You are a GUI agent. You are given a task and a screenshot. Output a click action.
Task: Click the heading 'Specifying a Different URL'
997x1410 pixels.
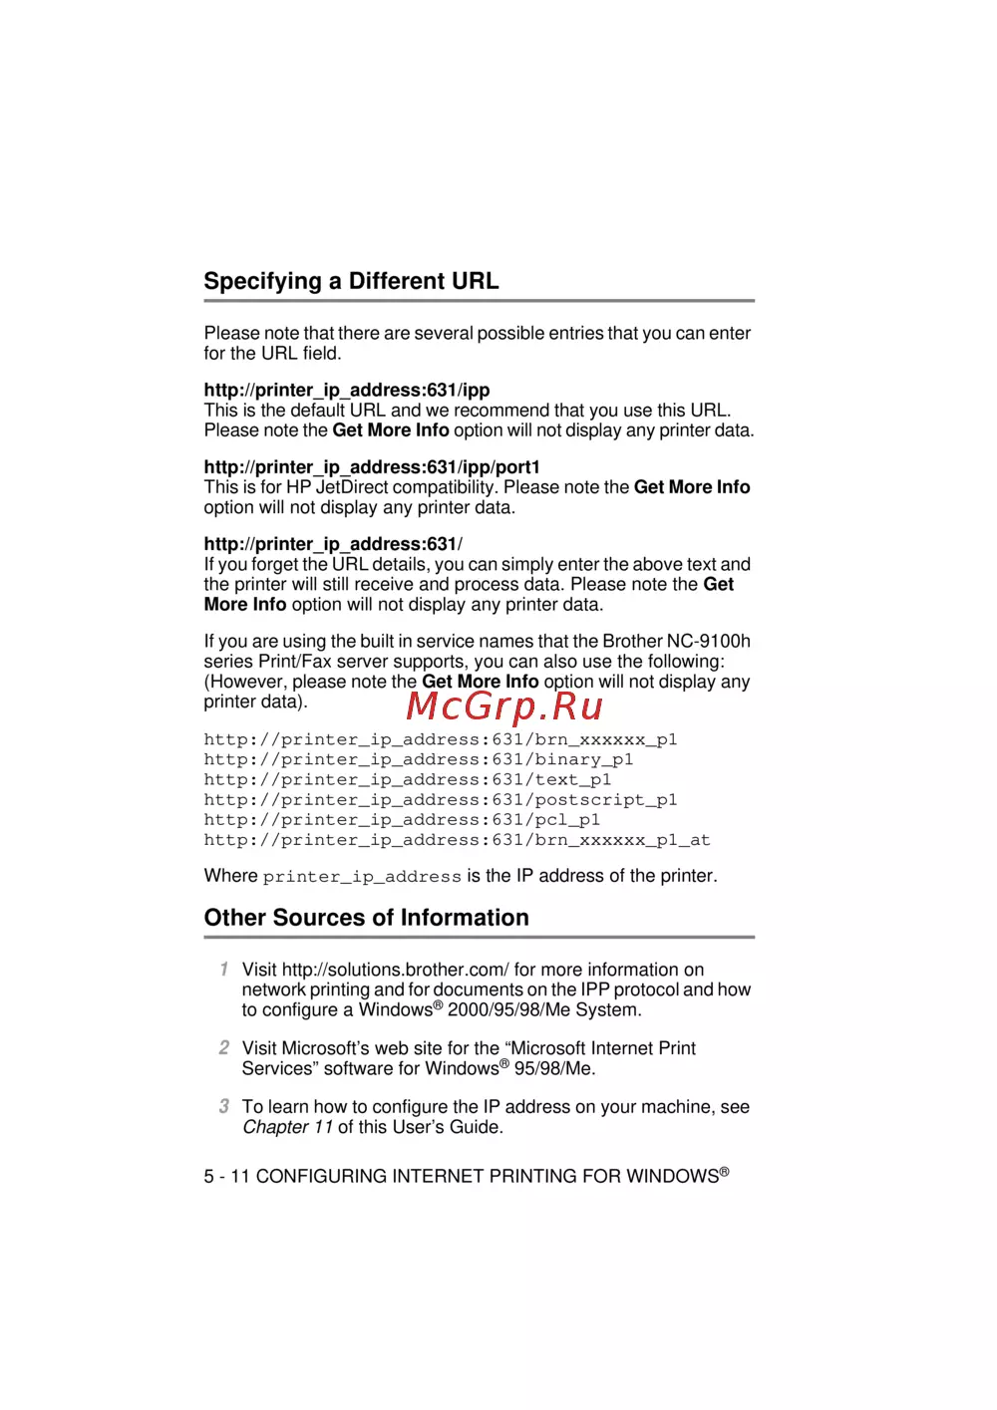point(351,281)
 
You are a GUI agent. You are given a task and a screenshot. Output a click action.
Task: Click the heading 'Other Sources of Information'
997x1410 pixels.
point(366,918)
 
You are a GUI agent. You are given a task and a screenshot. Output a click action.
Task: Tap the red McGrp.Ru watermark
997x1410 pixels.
point(504,705)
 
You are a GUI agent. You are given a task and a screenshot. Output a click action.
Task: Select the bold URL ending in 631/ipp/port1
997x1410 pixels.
point(372,467)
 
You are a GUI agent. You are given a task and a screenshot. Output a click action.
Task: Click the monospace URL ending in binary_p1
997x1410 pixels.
point(419,759)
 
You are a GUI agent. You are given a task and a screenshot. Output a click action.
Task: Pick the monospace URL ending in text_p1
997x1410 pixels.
point(408,779)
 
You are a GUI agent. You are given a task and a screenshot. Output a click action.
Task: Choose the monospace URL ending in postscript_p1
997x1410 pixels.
point(441,799)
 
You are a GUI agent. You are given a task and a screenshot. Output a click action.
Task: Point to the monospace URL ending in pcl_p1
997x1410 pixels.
point(402,819)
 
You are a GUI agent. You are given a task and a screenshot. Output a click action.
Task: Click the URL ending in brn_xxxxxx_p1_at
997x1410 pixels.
point(457,840)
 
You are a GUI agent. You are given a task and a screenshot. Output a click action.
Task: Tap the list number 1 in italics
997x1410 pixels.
point(224,970)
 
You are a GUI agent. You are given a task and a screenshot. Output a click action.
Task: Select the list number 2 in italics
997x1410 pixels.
point(224,1047)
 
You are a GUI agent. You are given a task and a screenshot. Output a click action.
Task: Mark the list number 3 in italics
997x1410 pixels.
point(224,1106)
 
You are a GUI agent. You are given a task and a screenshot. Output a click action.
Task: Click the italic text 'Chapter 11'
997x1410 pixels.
point(287,1127)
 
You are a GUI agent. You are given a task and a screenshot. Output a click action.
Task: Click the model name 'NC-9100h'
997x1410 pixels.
point(708,642)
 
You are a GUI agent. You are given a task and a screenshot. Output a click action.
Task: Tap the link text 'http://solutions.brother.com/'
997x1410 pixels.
point(395,970)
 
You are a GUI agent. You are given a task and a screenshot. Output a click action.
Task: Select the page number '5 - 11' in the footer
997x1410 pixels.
point(226,1177)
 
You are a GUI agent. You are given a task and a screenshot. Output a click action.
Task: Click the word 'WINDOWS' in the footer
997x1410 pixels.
point(672,1177)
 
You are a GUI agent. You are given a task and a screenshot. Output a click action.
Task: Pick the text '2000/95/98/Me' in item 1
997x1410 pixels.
point(508,1010)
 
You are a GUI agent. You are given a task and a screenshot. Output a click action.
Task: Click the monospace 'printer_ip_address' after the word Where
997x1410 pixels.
point(362,877)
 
